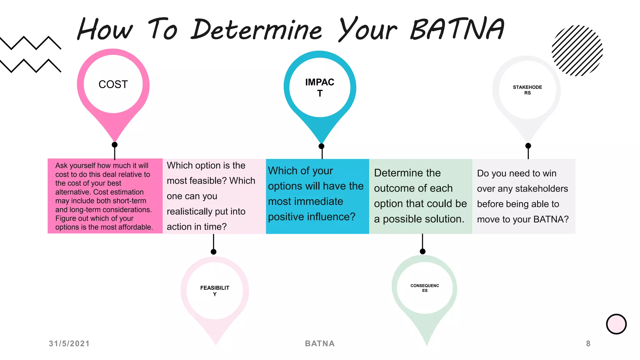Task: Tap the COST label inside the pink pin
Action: (x=113, y=84)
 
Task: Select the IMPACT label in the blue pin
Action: (x=320, y=87)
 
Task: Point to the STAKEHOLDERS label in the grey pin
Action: (x=527, y=90)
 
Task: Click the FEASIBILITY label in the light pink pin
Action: (x=215, y=290)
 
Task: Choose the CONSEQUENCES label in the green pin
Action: (x=425, y=288)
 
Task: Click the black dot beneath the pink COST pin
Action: (x=115, y=145)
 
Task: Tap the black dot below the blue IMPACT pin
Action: (x=321, y=146)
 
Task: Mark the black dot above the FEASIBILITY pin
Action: (x=213, y=252)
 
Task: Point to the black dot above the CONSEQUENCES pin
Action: (x=422, y=252)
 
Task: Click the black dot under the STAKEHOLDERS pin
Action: (x=528, y=146)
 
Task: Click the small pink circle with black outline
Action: (x=616, y=324)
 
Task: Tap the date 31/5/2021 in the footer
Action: (x=69, y=343)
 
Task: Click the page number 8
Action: (x=588, y=343)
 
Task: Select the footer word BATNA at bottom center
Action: (x=320, y=343)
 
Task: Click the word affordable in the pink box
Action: (x=135, y=227)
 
